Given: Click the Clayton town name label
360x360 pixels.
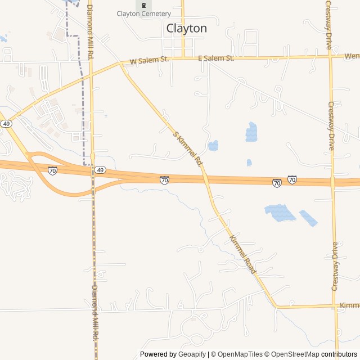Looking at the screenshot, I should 186,28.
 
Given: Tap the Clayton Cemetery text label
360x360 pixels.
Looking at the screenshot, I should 143,13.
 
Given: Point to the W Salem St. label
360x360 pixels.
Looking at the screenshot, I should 149,60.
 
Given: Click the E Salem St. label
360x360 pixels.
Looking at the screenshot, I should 216,58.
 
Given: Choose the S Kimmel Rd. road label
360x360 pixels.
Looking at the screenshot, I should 187,148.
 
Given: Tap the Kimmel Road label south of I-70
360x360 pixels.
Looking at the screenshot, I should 243,255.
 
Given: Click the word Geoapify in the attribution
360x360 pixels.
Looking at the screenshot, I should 192,354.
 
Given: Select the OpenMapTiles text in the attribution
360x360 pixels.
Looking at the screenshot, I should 240,354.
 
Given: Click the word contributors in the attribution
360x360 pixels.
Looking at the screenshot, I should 339,354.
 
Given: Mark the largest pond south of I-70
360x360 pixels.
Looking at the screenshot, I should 280,213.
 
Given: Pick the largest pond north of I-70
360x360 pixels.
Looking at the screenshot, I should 251,132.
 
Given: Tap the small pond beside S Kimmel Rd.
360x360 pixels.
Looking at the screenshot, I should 213,146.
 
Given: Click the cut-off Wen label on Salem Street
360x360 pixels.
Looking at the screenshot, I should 352,56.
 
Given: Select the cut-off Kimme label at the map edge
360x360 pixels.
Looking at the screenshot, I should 349,305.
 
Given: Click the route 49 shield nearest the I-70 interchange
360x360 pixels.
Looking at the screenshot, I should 100,170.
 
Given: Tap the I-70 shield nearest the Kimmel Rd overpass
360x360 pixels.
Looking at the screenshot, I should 164,180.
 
